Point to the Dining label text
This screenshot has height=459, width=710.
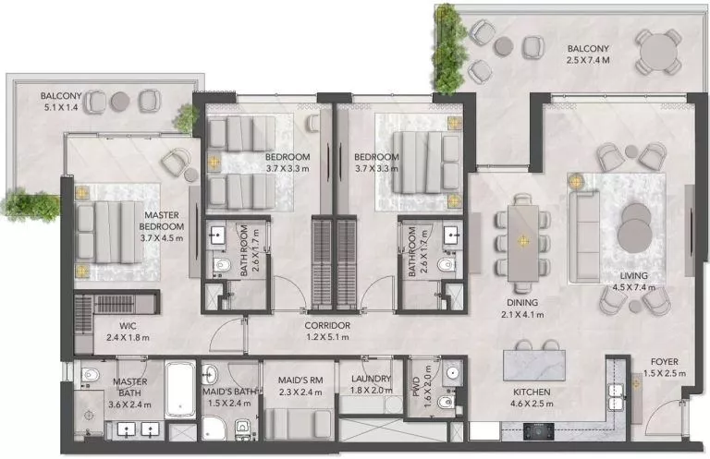tap(521, 302)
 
